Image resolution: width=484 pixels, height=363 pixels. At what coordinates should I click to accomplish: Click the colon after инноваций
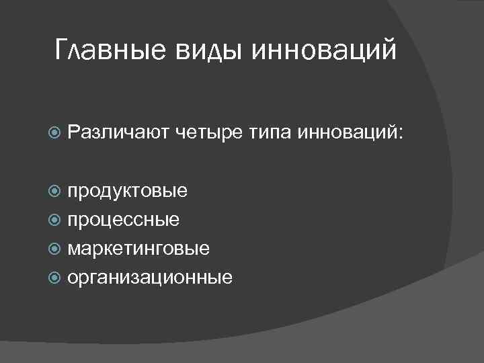pyautogui.click(x=403, y=135)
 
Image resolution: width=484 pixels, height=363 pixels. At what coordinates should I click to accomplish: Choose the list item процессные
pyautogui.click(x=123, y=220)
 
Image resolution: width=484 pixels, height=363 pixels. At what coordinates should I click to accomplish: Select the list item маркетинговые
pyautogui.click(x=138, y=249)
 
